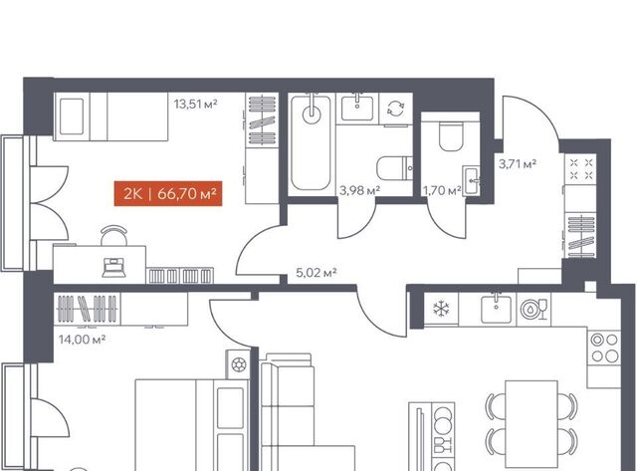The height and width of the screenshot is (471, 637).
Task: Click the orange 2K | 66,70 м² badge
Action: [168, 193]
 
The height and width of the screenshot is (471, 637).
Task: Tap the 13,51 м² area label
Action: [195, 104]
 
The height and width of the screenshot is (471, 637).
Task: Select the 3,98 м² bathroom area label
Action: [359, 190]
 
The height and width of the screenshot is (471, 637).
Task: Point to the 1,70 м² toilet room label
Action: [442, 190]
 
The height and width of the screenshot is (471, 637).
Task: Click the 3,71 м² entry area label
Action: [518, 163]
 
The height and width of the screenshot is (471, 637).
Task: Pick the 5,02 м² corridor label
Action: [317, 272]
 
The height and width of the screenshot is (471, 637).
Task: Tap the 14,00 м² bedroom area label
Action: [82, 339]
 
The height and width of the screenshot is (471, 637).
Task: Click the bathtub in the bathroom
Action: [311, 143]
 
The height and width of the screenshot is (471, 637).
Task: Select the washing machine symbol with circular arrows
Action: [395, 109]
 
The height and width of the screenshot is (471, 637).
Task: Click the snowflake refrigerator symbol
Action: [440, 309]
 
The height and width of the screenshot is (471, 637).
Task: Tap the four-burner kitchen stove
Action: [604, 348]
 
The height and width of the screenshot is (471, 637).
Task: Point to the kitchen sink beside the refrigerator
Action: [496, 309]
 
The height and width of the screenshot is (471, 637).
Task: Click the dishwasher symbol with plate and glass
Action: [533, 309]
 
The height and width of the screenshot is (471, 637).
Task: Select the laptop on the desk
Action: [113, 268]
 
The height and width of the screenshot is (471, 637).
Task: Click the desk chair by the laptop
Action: [113, 235]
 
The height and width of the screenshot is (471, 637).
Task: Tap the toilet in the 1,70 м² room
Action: [451, 136]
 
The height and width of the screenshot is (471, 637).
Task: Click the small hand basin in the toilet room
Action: [472, 180]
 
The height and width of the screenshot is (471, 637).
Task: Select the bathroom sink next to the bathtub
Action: [357, 107]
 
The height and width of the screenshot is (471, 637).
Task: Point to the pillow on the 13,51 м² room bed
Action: [72, 117]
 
